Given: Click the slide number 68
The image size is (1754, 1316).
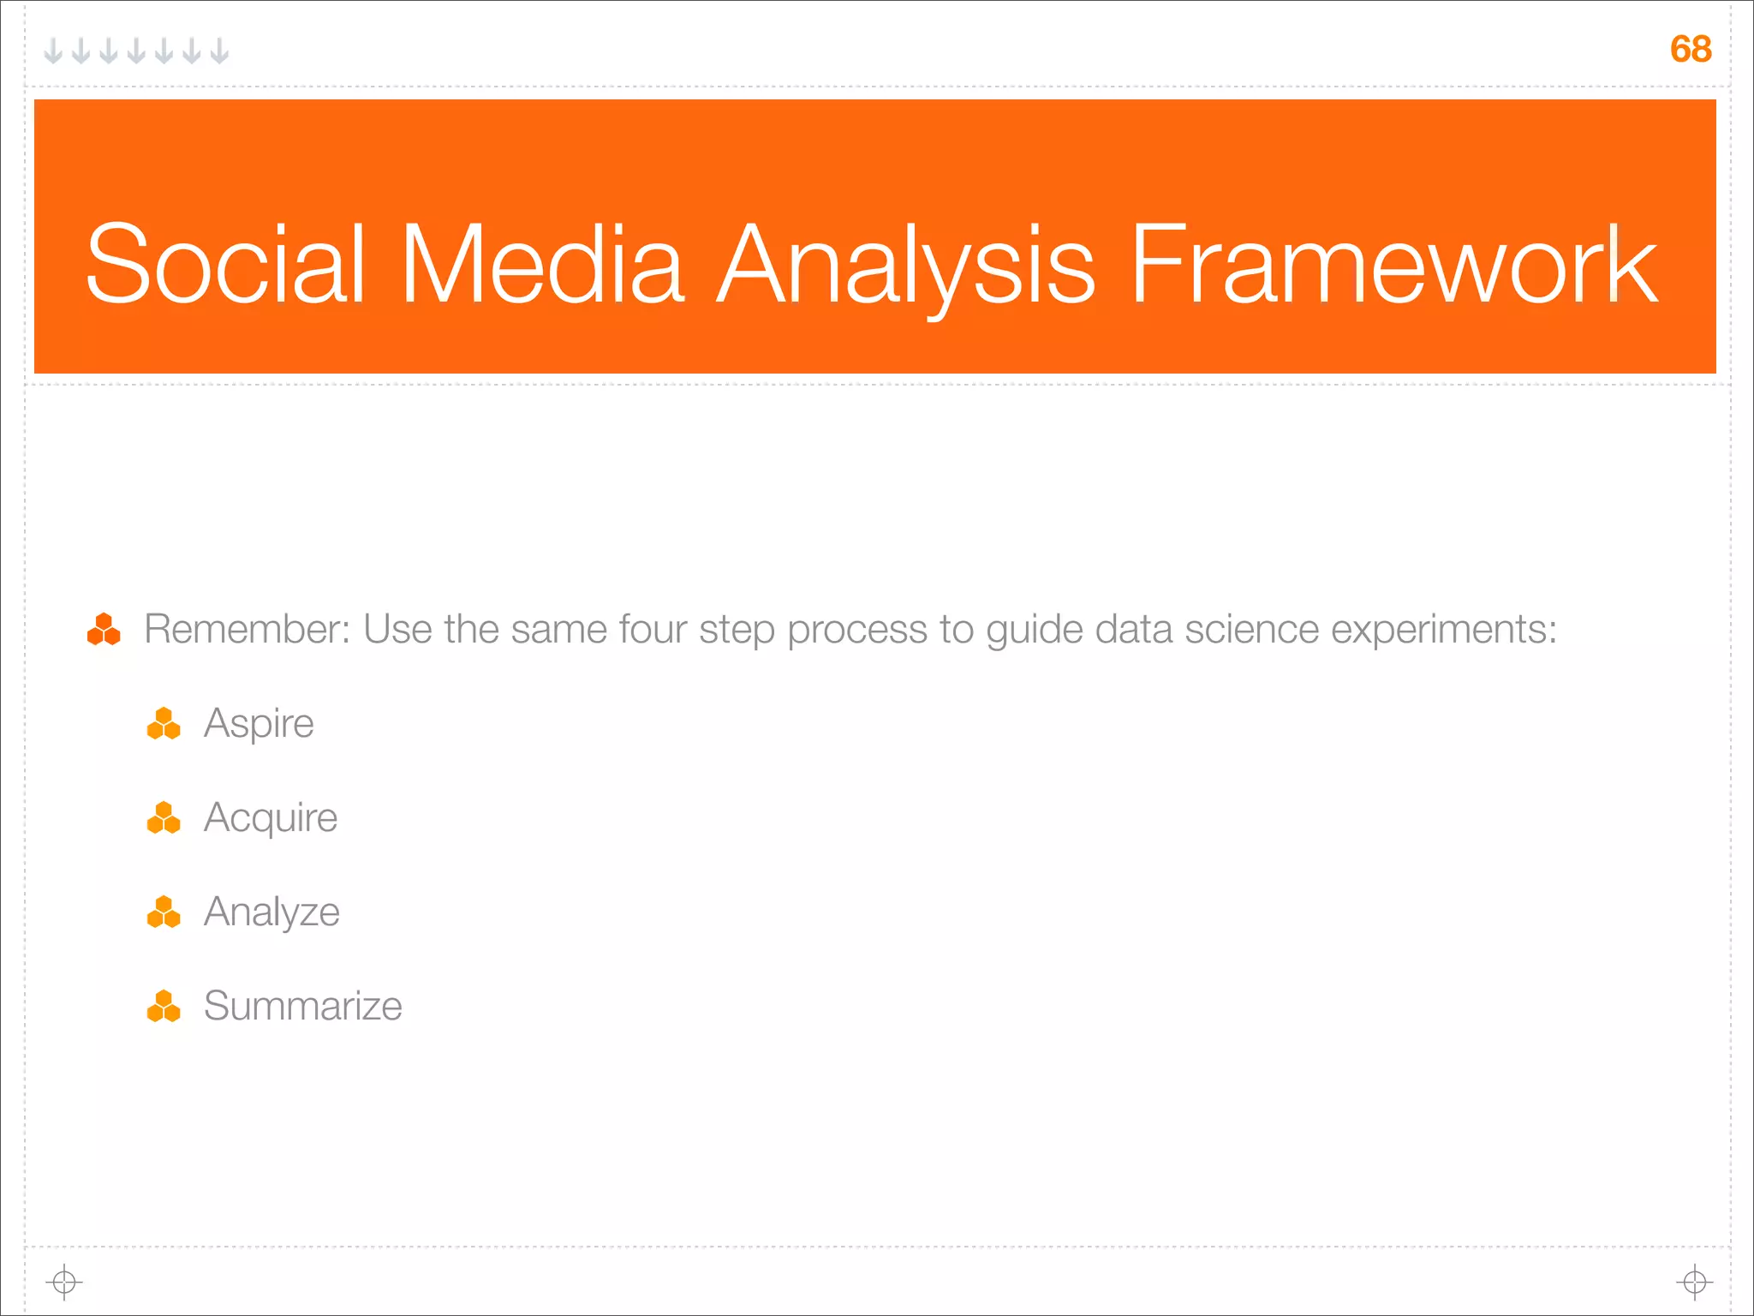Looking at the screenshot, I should (1690, 49).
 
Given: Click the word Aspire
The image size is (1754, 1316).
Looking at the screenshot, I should (259, 724).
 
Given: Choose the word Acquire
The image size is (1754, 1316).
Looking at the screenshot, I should (271, 818).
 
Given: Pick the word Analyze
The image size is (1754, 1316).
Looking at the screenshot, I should (271, 912).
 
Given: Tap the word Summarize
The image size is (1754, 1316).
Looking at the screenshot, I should (302, 1006).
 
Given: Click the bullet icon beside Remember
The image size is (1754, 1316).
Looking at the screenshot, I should (104, 630).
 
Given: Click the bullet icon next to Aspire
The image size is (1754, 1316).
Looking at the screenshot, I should (164, 724).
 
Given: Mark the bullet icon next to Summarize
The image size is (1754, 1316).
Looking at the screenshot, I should (164, 1007).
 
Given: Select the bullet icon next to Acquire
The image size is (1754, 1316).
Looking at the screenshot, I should (164, 818).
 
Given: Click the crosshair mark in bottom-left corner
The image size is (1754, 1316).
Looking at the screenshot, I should (64, 1282).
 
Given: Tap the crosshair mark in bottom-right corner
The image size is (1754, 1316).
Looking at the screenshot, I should (1694, 1282).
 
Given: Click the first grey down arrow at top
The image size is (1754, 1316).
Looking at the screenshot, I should (53, 51).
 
